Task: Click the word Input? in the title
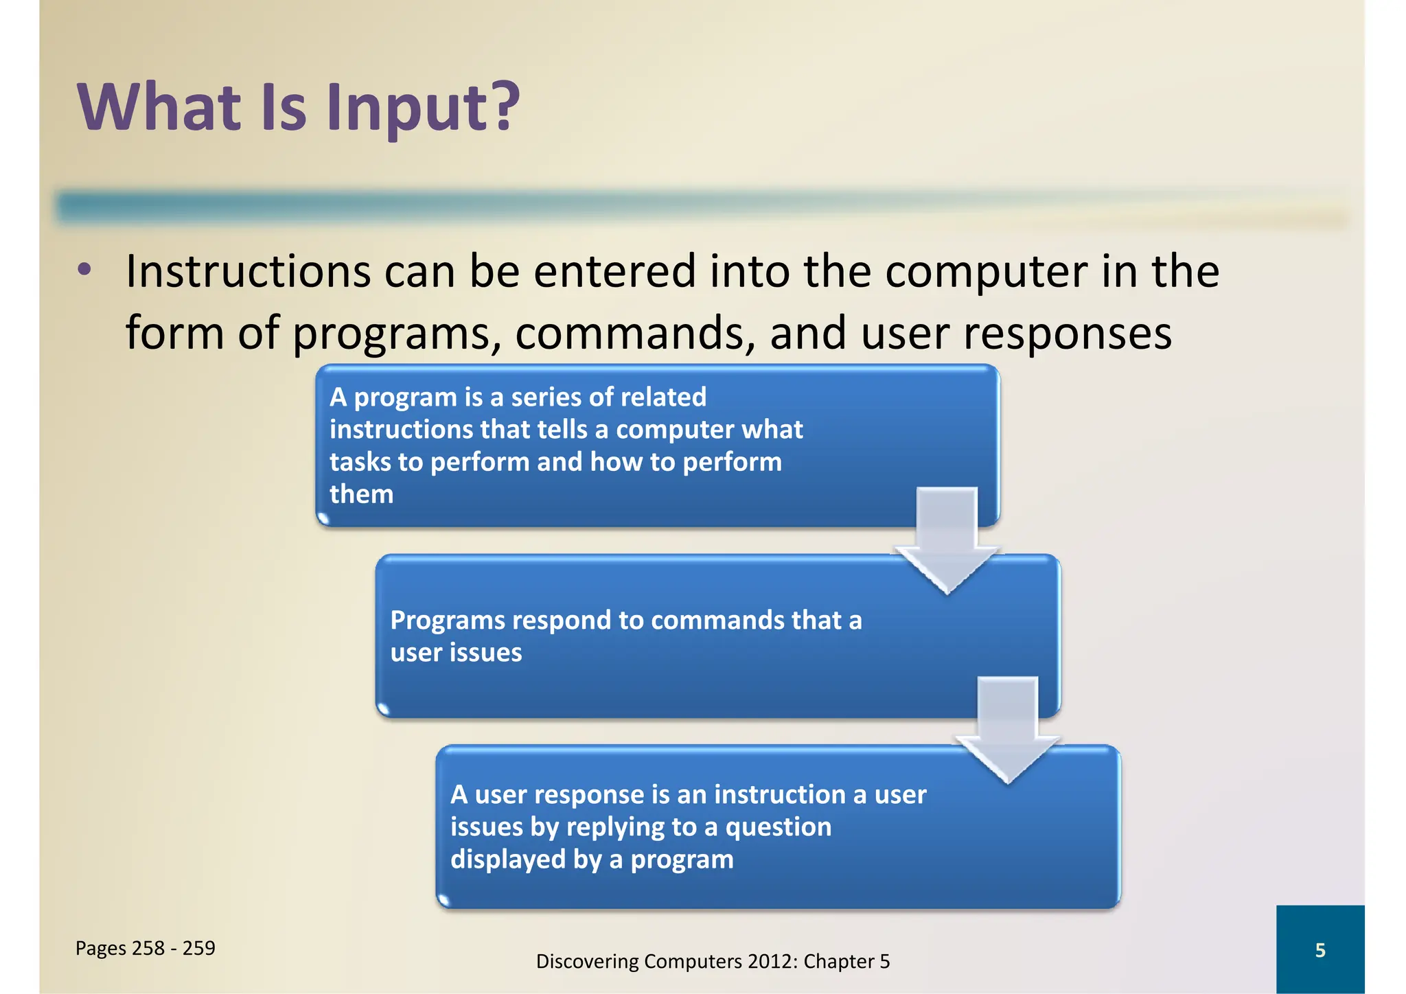422,108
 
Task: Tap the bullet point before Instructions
84,270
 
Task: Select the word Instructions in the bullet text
248,271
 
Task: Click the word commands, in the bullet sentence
635,333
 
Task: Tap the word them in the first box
361,494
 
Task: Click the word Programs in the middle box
446,621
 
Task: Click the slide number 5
1319,950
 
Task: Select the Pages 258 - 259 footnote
145,948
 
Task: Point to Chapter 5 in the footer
846,961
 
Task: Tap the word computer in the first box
662,430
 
